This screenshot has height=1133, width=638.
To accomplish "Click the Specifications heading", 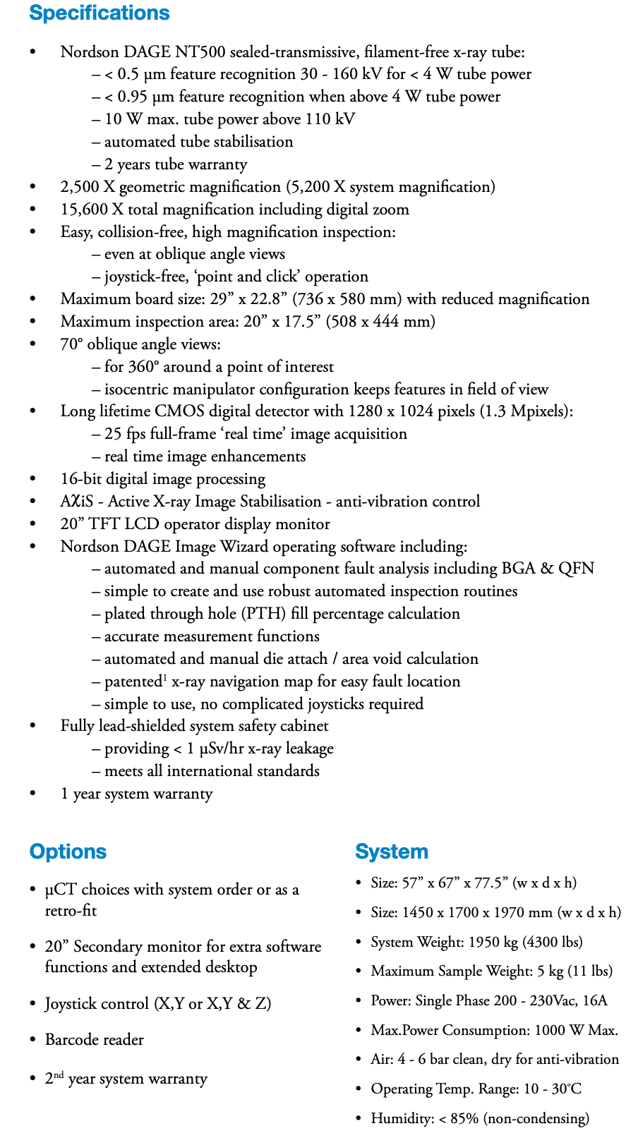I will click(100, 13).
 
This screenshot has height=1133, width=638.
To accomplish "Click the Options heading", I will click(68, 852).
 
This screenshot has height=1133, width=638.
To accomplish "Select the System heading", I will click(392, 852).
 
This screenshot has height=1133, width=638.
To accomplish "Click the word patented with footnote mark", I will click(134, 681).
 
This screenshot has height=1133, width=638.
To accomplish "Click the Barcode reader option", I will click(95, 1040).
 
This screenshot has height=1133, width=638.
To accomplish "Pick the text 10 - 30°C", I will click(553, 1089).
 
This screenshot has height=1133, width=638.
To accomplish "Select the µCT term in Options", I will click(61, 890).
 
